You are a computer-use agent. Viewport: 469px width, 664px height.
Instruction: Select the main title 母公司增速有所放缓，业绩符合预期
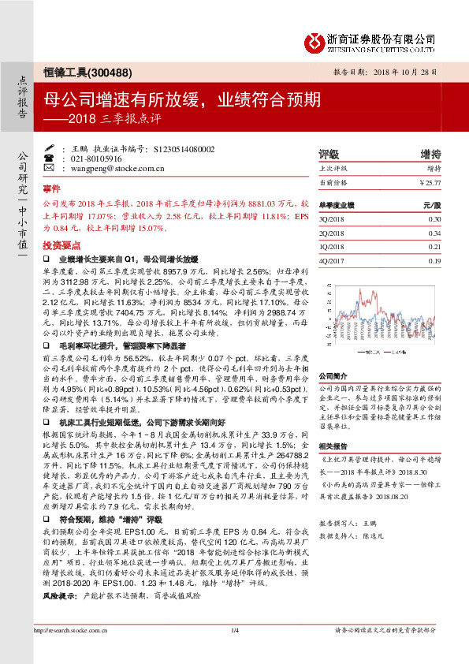pos(181,99)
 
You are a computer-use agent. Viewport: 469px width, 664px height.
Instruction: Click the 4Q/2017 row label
pos(332,259)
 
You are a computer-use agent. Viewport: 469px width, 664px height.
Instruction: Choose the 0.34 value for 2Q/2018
pos(434,232)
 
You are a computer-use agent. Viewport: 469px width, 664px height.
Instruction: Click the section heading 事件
pos(51,189)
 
